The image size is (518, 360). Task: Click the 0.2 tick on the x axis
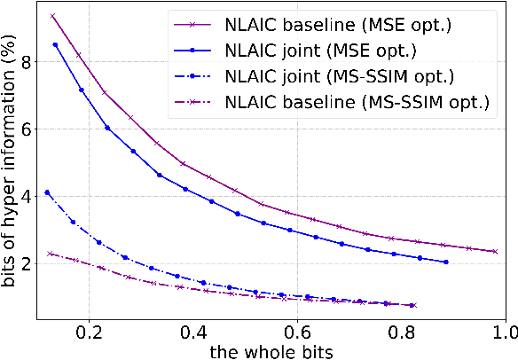coord(89,333)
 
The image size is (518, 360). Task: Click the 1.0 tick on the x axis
coord(503,333)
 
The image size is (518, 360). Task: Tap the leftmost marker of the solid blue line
coord(55,44)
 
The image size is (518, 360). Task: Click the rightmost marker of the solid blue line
coord(445,262)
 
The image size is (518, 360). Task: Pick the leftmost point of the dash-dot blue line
coord(47,192)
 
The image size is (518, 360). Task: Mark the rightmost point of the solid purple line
coord(494,251)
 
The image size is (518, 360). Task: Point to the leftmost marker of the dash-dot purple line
coord(51,254)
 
